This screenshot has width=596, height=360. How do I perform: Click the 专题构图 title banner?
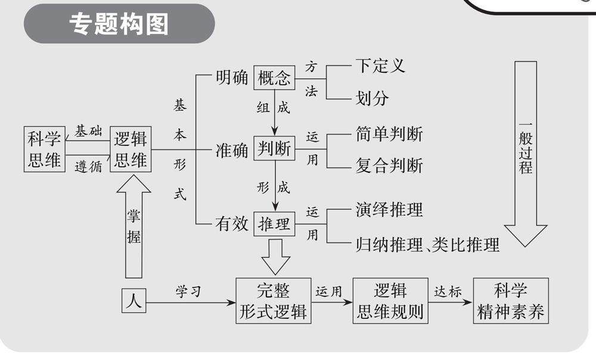pyautogui.click(x=119, y=24)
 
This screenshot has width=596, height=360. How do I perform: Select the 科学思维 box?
pyautogui.click(x=44, y=150)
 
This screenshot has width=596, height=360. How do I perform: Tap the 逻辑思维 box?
pyautogui.click(x=131, y=150)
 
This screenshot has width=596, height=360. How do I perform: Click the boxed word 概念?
pyautogui.click(x=274, y=77)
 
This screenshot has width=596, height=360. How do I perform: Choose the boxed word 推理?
pyautogui.click(x=274, y=224)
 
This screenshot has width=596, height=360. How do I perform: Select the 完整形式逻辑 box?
pyautogui.click(x=274, y=300)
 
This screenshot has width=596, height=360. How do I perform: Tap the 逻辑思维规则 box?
pyautogui.click(x=390, y=300)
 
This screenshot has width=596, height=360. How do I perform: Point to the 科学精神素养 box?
pyautogui.click(x=511, y=300)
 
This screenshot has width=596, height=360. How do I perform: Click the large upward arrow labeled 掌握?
pyautogui.click(x=134, y=226)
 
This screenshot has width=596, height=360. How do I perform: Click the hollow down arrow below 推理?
pyautogui.click(x=275, y=256)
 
